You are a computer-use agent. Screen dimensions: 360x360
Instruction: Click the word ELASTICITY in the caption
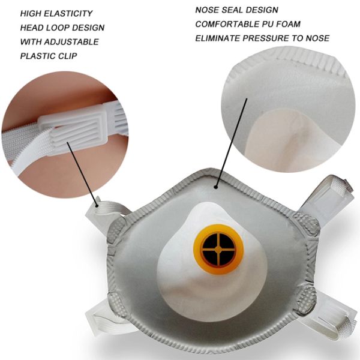click(x=71, y=13)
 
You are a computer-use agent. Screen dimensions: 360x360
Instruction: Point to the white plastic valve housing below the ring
click(x=198, y=282)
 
